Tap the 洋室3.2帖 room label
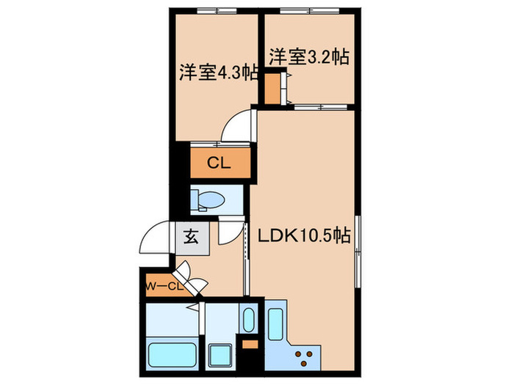click(x=308, y=56)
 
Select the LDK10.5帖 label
click(x=302, y=236)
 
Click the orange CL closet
click(x=218, y=164)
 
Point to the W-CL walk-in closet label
click(x=163, y=286)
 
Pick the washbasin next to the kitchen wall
click(x=248, y=320)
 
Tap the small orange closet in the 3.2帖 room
click(x=272, y=87)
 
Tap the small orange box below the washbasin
click(x=249, y=344)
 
